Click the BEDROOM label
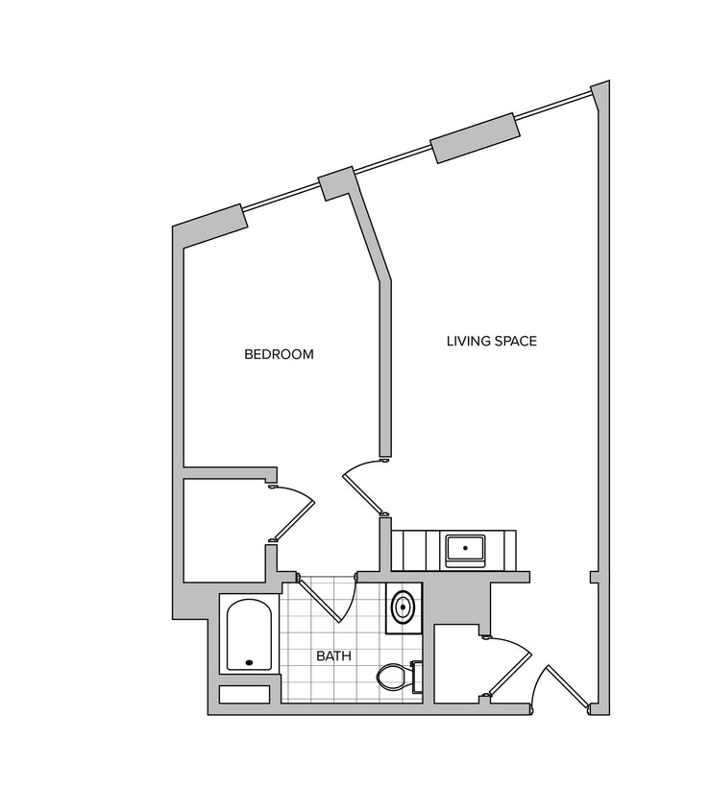[279, 354]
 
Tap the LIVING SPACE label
[491, 341]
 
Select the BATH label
[333, 656]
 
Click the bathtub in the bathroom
[250, 635]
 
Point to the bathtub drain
[250, 662]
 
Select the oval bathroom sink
[404, 607]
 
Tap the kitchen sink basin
[465, 549]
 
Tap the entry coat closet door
[509, 666]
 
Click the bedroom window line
[282, 196]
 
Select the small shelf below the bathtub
[245, 694]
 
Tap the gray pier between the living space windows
[475, 137]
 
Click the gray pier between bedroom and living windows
[336, 182]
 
